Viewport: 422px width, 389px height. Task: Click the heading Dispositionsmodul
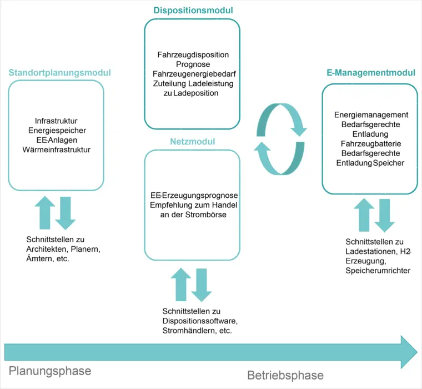click(x=193, y=11)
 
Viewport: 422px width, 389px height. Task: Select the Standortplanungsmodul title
click(x=59, y=73)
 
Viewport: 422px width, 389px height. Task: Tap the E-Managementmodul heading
click(x=371, y=73)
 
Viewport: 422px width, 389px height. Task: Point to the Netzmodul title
click(x=192, y=142)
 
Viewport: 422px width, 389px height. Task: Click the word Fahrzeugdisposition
click(x=193, y=55)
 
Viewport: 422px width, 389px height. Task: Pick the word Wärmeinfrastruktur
click(x=56, y=149)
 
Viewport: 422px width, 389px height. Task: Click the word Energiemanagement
click(x=371, y=115)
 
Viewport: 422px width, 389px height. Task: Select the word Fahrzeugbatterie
click(x=370, y=143)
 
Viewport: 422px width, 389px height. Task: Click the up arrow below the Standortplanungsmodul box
click(x=45, y=213)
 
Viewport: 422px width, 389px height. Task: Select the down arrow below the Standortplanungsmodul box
click(x=66, y=213)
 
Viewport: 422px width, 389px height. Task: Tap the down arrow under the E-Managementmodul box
click(x=384, y=215)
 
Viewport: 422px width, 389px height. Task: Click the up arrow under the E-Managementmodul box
click(x=364, y=215)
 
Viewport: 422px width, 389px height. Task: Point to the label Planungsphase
click(x=50, y=371)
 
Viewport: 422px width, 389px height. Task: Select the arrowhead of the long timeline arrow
click(x=408, y=352)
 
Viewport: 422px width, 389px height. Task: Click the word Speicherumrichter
click(x=378, y=271)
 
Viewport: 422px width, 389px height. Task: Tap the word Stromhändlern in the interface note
click(x=187, y=331)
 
